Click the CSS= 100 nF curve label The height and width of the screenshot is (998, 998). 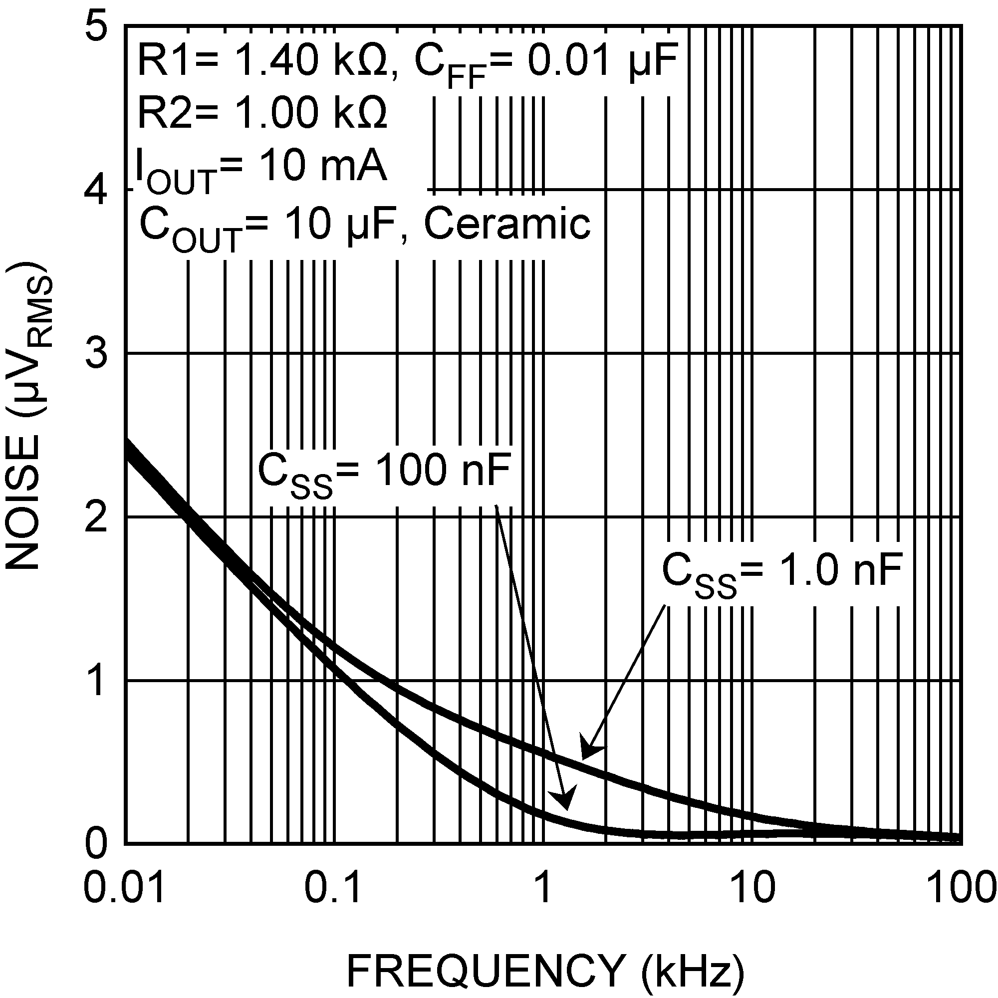click(384, 473)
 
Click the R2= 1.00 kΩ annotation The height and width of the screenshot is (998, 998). click(262, 114)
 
